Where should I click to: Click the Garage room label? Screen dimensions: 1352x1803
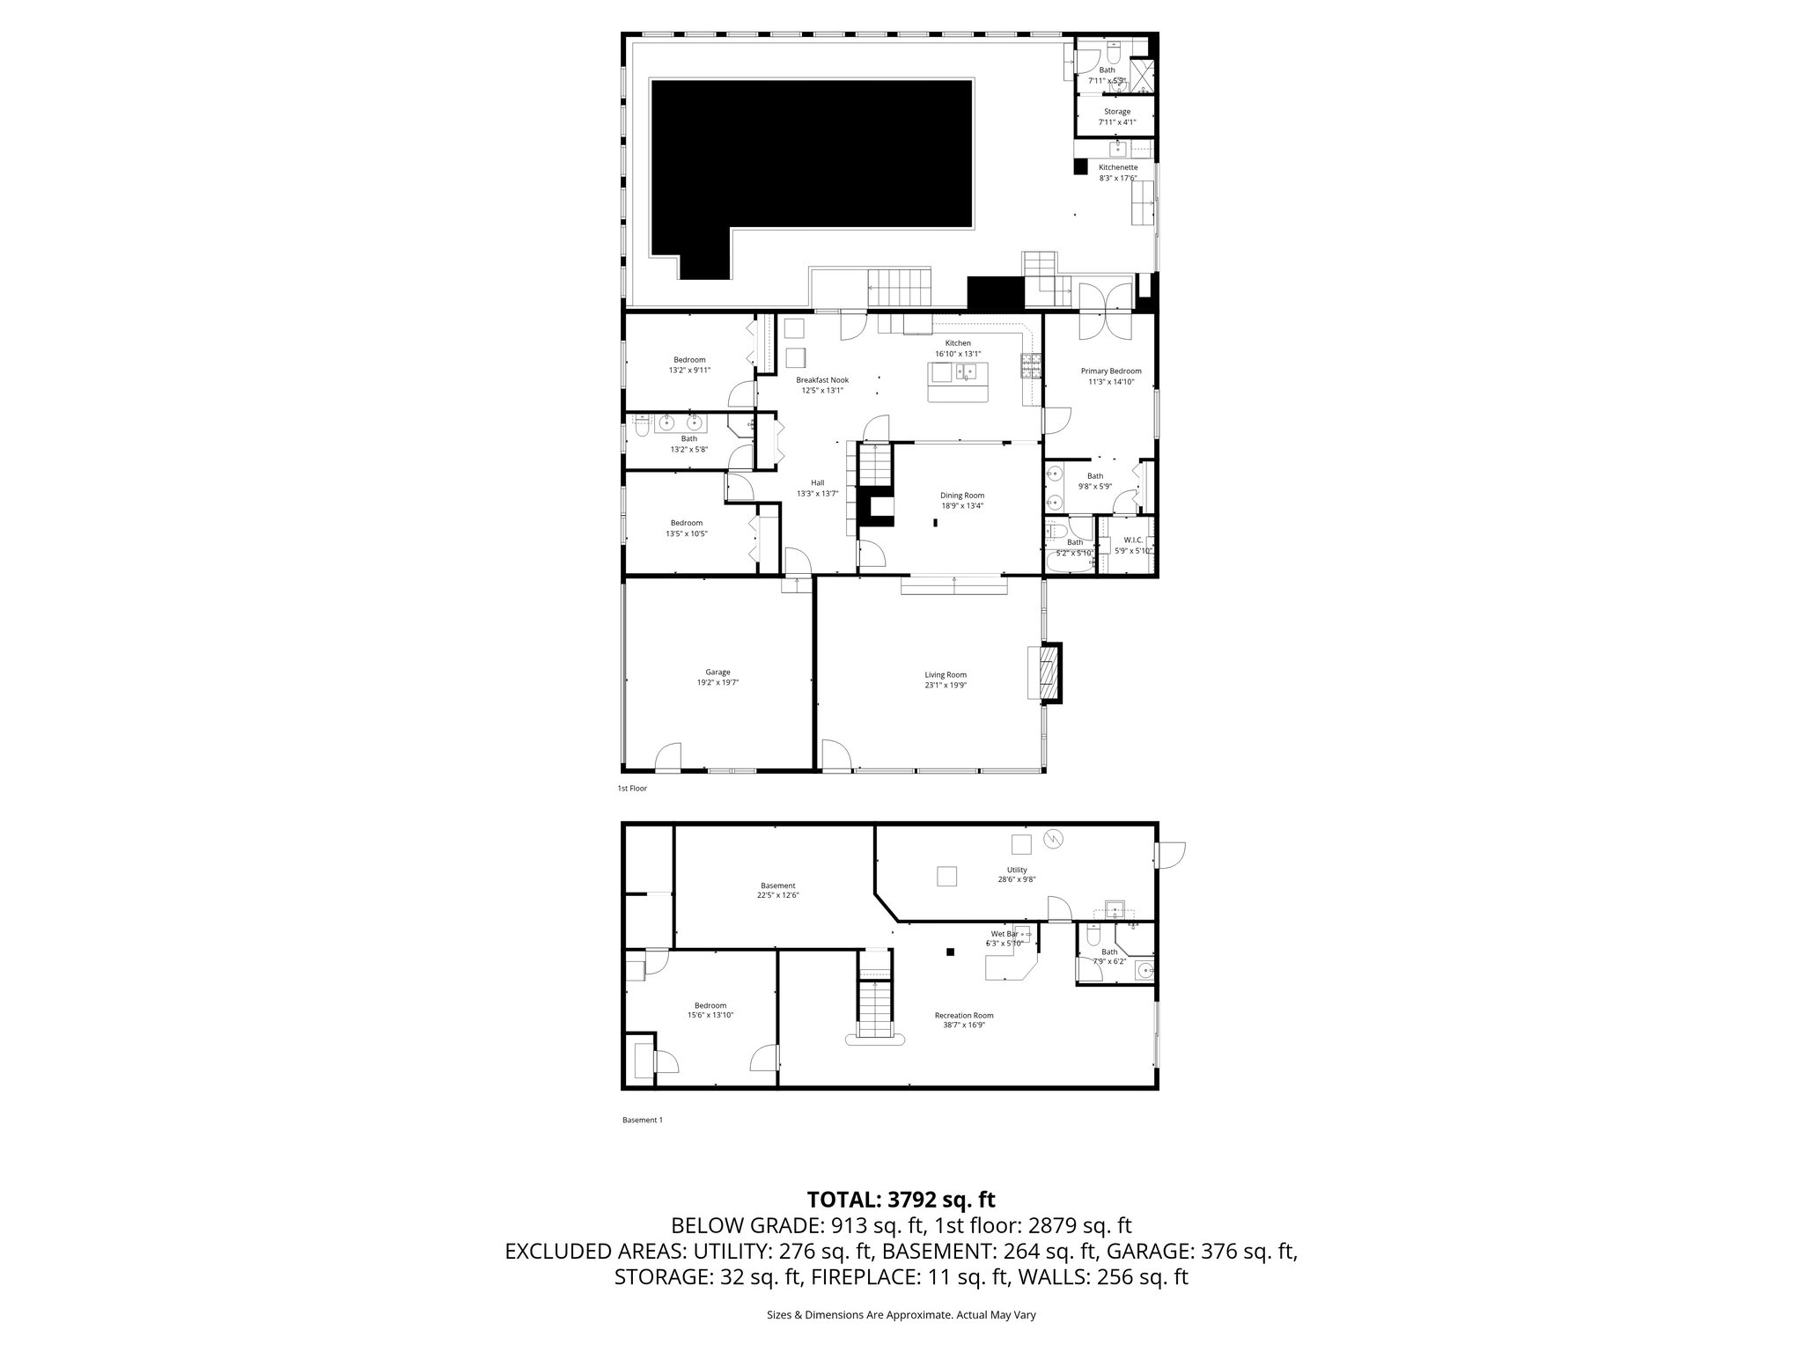[718, 672]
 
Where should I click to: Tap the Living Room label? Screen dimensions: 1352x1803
[946, 675]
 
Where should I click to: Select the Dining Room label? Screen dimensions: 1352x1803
[962, 496]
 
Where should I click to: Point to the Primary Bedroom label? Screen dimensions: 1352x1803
[1111, 371]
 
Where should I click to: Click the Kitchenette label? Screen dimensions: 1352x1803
[1118, 167]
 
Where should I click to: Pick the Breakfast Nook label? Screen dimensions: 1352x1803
[822, 380]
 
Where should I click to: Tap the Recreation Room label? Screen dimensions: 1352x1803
[964, 1015]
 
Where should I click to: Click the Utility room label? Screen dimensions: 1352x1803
[1017, 870]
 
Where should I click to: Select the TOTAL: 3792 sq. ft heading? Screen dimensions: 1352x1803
[901, 1199]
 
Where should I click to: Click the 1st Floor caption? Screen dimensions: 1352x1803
[632, 789]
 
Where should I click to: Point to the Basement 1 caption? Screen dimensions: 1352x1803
[642, 1121]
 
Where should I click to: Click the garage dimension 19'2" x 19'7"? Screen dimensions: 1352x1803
[718, 682]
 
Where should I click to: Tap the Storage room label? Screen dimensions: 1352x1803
[1117, 112]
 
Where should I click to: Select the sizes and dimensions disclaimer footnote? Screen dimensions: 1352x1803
[901, 1315]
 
